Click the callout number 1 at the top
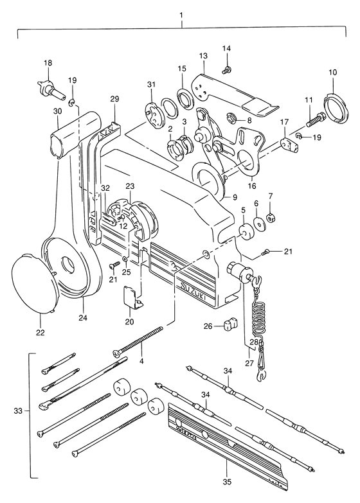tap(182, 15)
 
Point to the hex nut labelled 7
tap(271, 219)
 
